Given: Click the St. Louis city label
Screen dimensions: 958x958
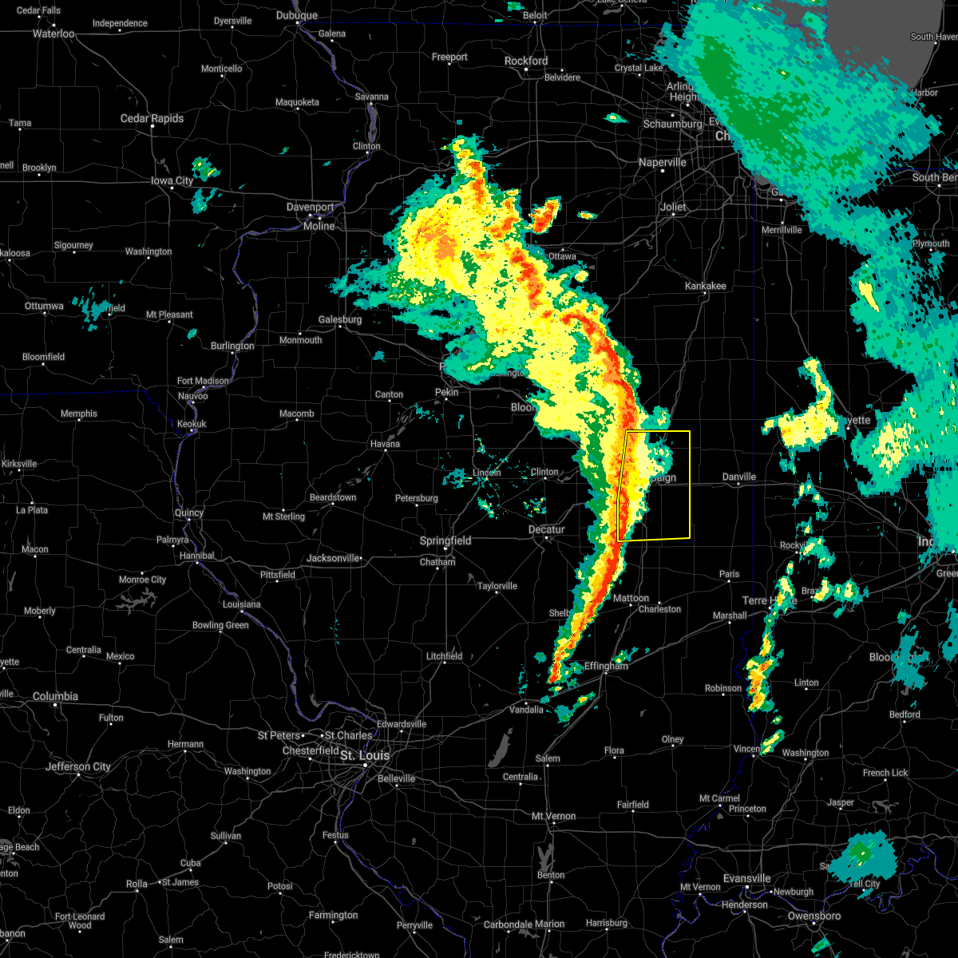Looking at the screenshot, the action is tap(365, 755).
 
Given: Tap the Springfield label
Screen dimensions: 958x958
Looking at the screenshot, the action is tap(445, 541).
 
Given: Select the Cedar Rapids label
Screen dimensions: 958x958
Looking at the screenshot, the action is tap(152, 118).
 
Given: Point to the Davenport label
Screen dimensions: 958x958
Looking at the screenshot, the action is tap(311, 208).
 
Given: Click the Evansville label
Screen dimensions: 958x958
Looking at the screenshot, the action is tap(746, 879).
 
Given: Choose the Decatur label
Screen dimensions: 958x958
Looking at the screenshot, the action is tap(546, 529).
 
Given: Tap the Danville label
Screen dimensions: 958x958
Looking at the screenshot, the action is tap(738, 477).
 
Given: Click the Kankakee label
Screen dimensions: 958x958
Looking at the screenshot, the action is tap(705, 286).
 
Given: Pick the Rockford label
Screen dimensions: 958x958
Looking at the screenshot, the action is tap(526, 61).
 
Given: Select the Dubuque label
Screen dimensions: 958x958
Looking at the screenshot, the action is tap(297, 15).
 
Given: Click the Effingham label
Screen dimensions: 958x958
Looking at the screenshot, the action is tap(606, 666).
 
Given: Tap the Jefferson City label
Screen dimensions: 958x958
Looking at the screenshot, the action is tap(78, 766).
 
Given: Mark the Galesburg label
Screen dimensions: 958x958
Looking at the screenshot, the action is tap(340, 319).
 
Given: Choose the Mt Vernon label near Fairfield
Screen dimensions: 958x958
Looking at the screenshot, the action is tap(554, 816).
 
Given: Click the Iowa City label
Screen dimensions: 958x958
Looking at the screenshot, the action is tap(172, 181).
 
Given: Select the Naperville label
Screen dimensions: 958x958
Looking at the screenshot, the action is tap(663, 163).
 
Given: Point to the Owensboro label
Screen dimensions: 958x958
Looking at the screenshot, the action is tap(814, 916).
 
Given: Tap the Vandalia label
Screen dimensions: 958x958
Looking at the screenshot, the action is tap(526, 710).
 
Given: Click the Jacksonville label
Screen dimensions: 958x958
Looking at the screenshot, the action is tap(334, 558).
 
